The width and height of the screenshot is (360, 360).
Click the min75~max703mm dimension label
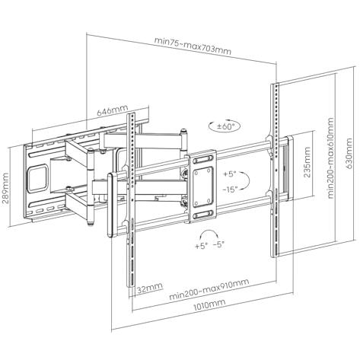pos(193,46)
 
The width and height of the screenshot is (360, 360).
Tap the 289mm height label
pos(5,188)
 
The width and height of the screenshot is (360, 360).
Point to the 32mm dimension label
pos(150,288)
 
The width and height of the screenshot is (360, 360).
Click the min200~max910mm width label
pos(209,289)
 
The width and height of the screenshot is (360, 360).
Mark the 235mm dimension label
pos(307,162)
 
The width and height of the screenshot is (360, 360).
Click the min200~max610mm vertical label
pos(330,158)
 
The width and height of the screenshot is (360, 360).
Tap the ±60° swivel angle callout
pos(224,126)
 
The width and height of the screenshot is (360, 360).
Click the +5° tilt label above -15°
pos(230,174)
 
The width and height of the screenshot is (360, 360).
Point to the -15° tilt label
pos(231,190)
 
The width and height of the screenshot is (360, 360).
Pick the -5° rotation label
pos(218,245)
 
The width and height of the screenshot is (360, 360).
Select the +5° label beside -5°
pos(202,246)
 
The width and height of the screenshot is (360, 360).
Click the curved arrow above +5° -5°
pos(209,231)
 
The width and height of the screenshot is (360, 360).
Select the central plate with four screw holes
pos(202,186)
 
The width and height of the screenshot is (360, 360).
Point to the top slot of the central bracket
pos(203,160)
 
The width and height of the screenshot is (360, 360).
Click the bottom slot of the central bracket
pos(203,215)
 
